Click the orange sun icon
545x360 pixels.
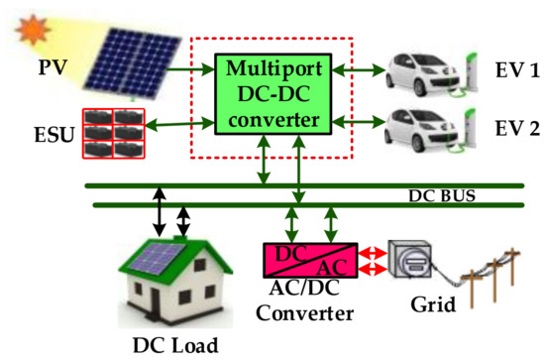[32, 29]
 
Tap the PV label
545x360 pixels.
[53, 67]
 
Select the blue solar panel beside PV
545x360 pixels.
[133, 63]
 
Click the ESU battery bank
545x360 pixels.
[114, 134]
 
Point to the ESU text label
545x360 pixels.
[54, 135]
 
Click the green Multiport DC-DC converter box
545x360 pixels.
[273, 94]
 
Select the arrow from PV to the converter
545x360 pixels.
[190, 69]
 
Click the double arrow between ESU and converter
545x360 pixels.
[179, 124]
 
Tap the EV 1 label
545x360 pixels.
[517, 69]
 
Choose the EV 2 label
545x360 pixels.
[517, 128]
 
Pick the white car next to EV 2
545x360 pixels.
[423, 130]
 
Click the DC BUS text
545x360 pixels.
[442, 195]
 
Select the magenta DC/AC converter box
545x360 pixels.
[310, 260]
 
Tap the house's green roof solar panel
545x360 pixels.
[157, 258]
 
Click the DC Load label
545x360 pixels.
[175, 345]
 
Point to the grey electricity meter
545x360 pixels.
[410, 259]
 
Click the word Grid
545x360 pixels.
[433, 304]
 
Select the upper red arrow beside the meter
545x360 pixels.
[373, 253]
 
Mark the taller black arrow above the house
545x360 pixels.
[160, 212]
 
